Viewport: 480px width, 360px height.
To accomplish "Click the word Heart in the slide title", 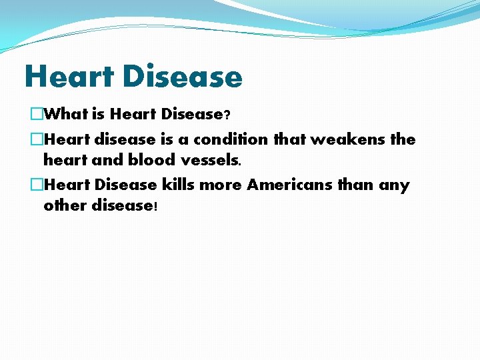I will click(x=68, y=77).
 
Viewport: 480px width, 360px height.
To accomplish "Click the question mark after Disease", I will click(x=227, y=115).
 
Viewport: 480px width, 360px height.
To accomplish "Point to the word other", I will click(x=65, y=205).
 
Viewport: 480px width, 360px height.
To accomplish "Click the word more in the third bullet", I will click(x=223, y=185).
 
